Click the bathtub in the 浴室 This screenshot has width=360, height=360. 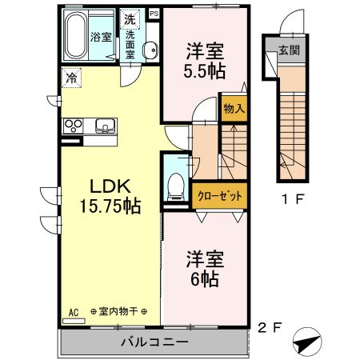[x=75, y=35]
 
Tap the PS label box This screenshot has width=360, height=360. [x=154, y=14]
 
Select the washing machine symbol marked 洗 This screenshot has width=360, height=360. [x=130, y=19]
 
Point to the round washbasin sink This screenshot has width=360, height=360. [x=150, y=50]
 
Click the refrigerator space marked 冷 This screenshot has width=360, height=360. [x=71, y=78]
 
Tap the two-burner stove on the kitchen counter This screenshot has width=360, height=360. [x=74, y=126]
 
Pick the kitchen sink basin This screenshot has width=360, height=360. [x=106, y=126]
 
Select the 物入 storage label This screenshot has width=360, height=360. [x=234, y=108]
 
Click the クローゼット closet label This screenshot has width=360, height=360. [x=220, y=196]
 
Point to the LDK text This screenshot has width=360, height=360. [x=110, y=186]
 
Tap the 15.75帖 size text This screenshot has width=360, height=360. [x=110, y=206]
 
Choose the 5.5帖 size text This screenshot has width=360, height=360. [x=205, y=70]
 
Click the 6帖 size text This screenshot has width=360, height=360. [x=205, y=279]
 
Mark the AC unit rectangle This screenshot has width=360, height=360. [x=74, y=321]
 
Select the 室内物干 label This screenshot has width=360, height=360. [x=118, y=311]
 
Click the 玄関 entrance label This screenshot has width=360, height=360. [x=290, y=50]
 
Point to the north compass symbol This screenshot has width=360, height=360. [x=307, y=342]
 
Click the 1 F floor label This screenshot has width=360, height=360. [x=293, y=199]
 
